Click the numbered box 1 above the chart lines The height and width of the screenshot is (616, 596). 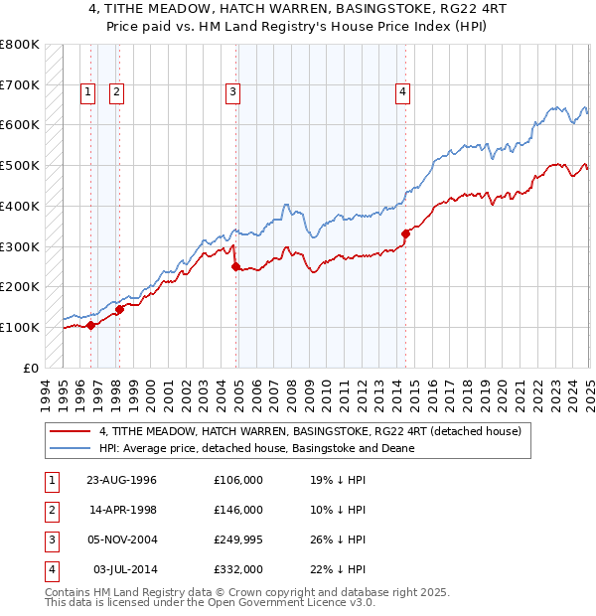point(87,92)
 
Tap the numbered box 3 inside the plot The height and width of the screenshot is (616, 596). point(232,92)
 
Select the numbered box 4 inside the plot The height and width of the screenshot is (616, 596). point(402,92)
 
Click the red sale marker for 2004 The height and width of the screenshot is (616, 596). point(235,266)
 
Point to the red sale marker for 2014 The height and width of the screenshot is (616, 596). point(405,233)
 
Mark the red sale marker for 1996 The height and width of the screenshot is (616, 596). point(90,324)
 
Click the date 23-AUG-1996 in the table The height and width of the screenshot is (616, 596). point(121,480)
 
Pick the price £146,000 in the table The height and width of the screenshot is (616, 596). point(238,510)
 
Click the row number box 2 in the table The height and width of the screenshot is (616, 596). point(51,510)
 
